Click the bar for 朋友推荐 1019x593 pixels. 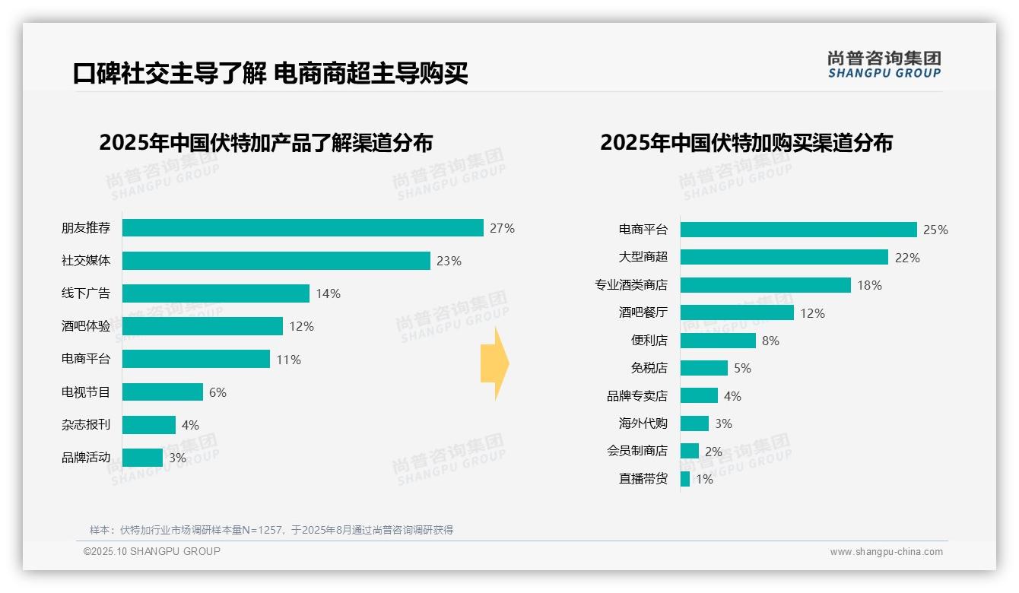pos(303,228)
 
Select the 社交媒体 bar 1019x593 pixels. pos(276,261)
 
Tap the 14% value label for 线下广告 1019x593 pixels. pos(328,293)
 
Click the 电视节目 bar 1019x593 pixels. pos(163,392)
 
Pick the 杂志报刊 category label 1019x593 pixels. pos(86,425)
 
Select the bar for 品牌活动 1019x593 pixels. pos(142,458)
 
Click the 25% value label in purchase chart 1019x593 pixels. pos(935,230)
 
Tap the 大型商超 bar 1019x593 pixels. pos(784,257)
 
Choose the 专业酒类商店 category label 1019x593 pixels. pos(631,285)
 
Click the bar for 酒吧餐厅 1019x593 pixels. pos(737,312)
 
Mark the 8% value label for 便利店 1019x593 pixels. pos(770,341)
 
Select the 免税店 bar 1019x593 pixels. pos(704,368)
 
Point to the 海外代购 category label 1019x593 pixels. pos(643,423)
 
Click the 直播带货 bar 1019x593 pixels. pos(685,479)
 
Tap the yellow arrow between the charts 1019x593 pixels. pos(494,364)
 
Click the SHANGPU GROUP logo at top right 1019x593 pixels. pos(884,65)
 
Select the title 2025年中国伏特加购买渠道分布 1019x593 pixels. pos(746,143)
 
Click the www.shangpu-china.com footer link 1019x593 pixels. pos(886,552)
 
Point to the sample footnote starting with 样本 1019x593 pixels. pos(271,530)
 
